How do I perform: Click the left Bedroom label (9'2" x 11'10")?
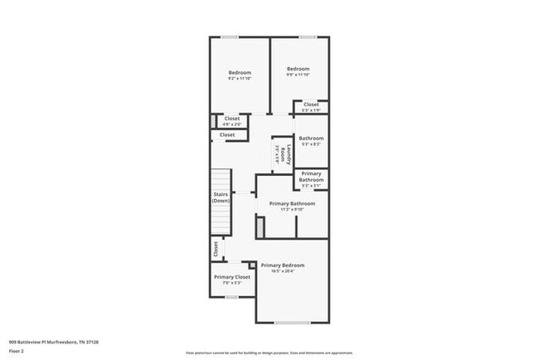239,73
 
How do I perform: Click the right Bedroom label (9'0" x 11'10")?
298,69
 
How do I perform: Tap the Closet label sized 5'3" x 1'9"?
311,105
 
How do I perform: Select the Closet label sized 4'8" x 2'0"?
232,119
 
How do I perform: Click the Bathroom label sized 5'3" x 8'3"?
311,139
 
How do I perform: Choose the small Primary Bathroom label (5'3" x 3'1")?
311,177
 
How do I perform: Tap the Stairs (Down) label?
221,197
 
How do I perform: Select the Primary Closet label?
231,277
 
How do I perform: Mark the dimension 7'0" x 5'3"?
231,283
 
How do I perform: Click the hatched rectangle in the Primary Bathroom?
260,226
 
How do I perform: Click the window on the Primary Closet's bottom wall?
232,296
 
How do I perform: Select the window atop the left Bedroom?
230,36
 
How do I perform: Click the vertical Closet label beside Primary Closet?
216,248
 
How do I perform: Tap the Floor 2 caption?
17,350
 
